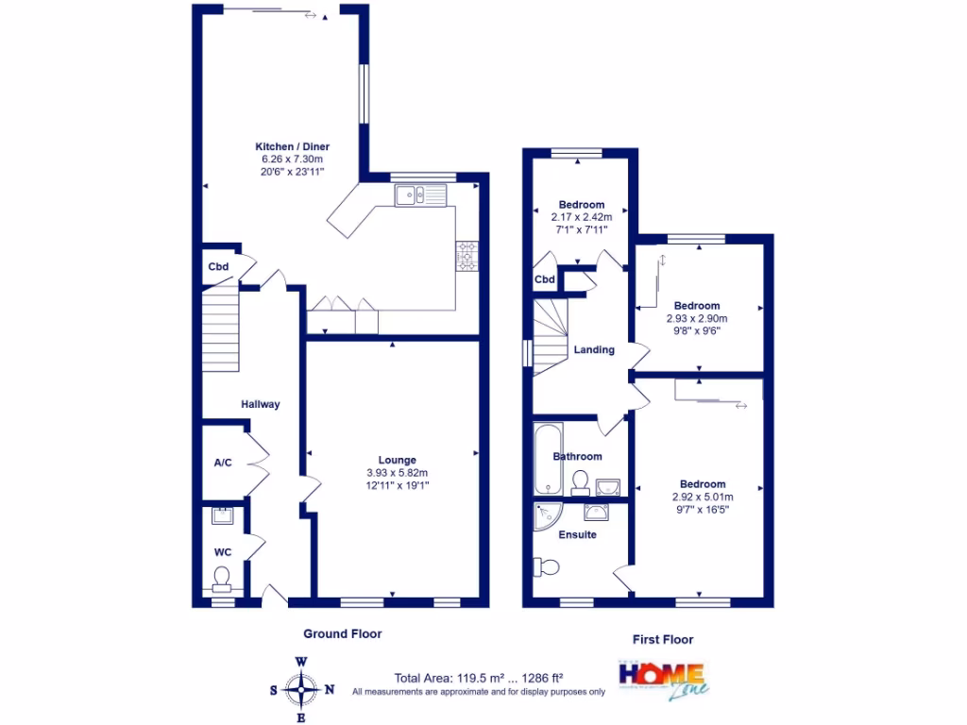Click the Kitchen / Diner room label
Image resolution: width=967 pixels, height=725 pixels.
[293, 146]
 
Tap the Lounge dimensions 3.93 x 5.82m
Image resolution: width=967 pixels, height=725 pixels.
[398, 473]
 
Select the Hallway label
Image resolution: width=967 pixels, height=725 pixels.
[260, 404]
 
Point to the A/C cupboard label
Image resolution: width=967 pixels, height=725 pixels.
[223, 463]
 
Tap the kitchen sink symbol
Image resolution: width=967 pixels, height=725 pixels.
[421, 195]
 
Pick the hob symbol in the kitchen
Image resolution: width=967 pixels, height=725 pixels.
[467, 257]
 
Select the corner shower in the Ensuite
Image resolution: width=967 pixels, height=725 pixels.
[547, 517]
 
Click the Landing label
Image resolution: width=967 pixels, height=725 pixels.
[594, 349]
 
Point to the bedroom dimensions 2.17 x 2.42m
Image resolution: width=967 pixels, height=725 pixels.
[582, 217]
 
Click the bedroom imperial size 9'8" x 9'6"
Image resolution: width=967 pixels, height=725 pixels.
[697, 330]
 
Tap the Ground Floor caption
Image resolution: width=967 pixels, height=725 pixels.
[343, 634]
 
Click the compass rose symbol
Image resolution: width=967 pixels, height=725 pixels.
[301, 689]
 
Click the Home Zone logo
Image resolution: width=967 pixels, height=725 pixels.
[661, 680]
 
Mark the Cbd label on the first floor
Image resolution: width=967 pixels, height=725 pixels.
[545, 279]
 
